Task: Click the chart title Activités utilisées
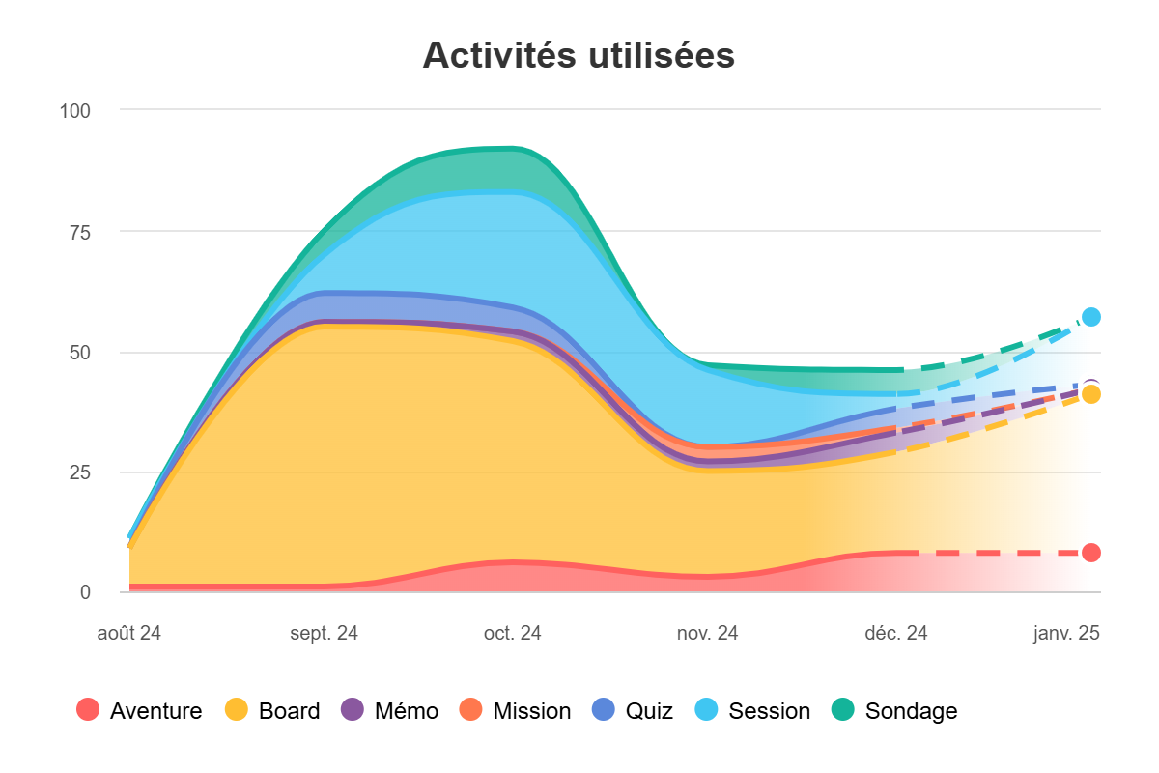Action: (579, 56)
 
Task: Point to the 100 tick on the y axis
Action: (74, 110)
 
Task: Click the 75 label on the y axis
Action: (79, 231)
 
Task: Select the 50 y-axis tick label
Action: (79, 352)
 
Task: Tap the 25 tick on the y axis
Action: (79, 472)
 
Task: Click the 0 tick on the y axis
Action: (85, 592)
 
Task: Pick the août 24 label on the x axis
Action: (128, 634)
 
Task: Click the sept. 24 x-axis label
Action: (324, 634)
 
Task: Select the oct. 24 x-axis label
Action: (513, 634)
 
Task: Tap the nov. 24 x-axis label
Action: (707, 634)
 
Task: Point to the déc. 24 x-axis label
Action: (896, 634)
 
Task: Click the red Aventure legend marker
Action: (88, 710)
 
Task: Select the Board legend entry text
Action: (289, 711)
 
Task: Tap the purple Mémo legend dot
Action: (353, 710)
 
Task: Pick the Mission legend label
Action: (531, 711)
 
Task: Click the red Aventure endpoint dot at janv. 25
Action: (1091, 553)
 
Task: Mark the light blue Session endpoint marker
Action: (1091, 317)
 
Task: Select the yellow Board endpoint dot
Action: (1091, 394)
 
